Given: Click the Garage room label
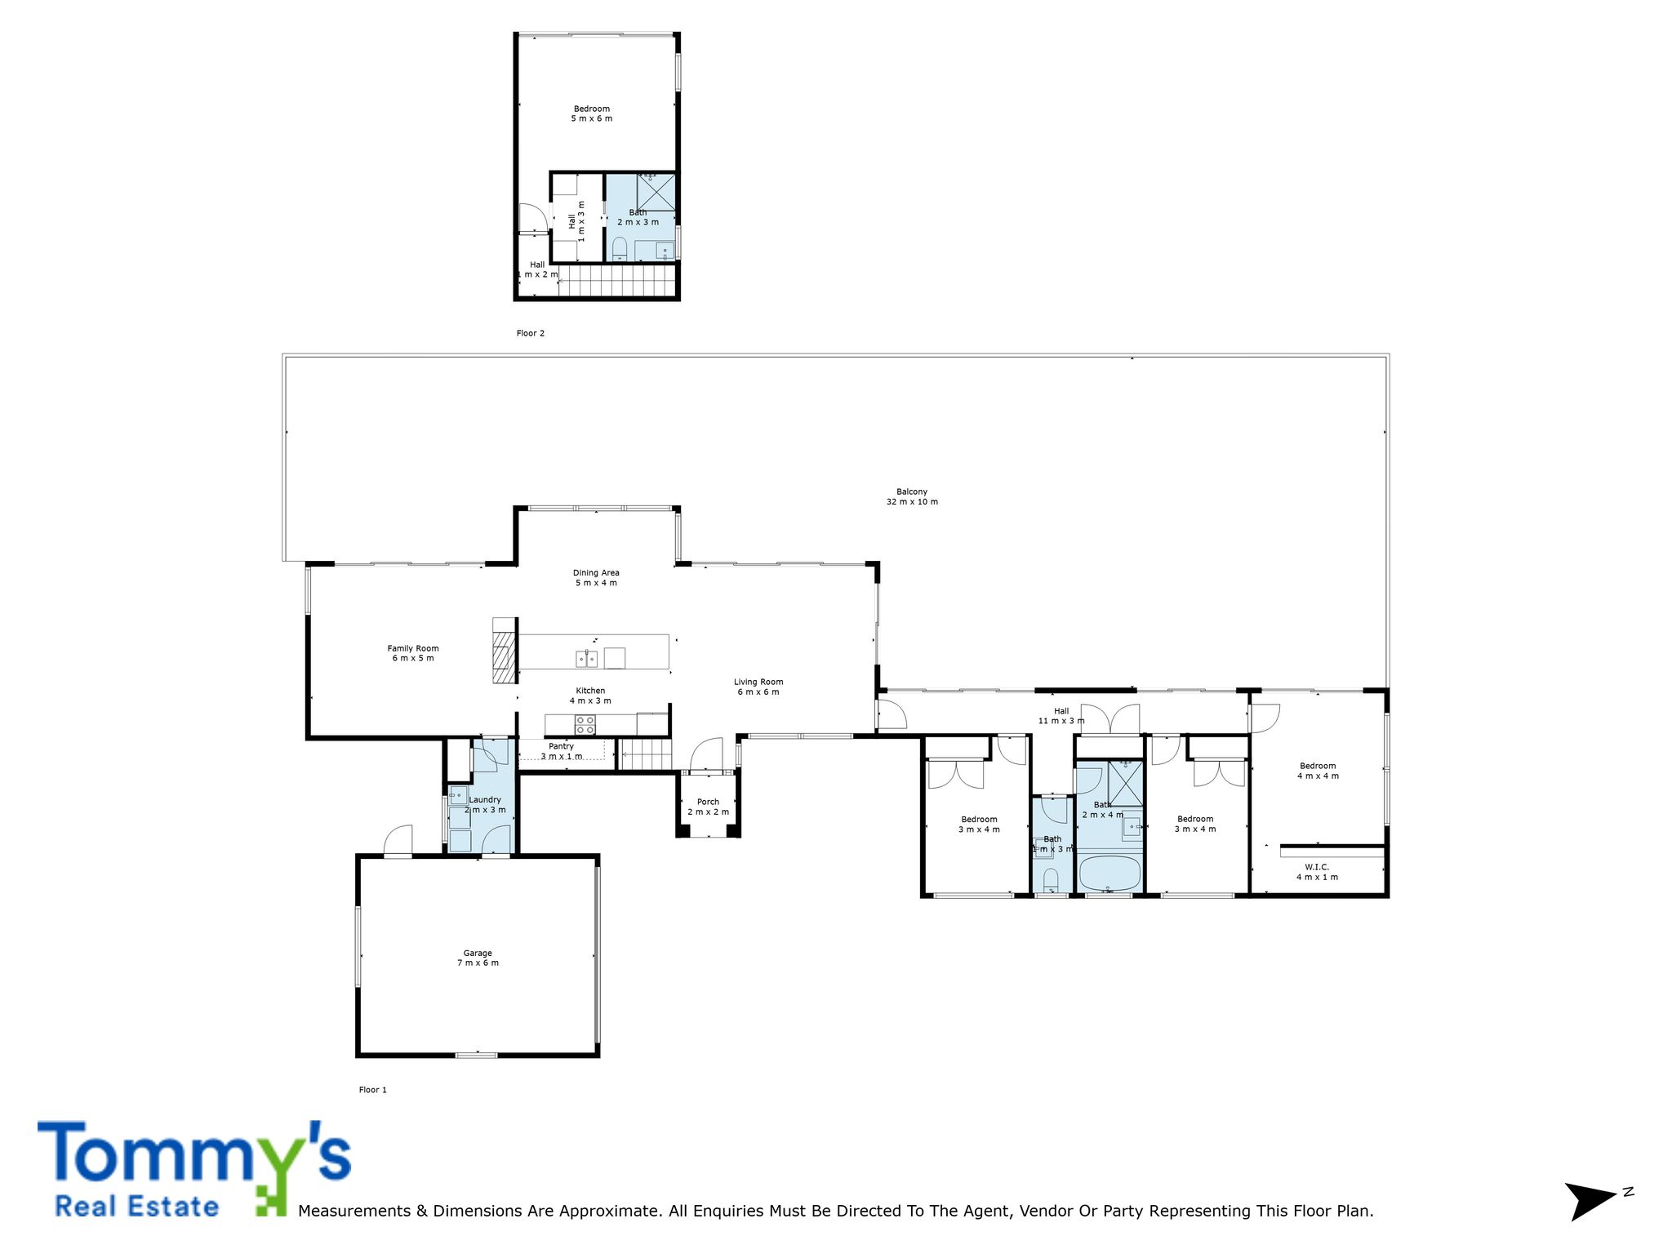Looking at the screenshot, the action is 478,958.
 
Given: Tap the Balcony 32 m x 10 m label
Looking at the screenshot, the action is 912,496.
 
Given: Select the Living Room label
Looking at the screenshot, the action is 758,687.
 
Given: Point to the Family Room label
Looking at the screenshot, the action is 413,653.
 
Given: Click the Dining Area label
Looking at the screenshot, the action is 596,577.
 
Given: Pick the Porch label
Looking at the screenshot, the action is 708,807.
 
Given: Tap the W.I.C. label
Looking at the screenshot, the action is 1317,872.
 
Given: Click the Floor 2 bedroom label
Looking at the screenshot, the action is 592,113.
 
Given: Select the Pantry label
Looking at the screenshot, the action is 562,751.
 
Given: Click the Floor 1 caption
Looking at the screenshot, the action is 373,1090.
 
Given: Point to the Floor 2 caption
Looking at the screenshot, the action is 531,333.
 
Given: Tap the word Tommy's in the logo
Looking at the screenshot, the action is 194,1153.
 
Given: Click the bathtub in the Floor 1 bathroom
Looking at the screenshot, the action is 1110,874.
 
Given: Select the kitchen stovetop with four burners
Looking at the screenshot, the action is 585,724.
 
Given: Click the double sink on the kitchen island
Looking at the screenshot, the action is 586,658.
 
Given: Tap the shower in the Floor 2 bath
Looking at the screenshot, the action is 656,191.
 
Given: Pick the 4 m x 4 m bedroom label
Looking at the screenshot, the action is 1318,771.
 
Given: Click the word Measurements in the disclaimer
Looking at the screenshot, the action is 355,1211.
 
